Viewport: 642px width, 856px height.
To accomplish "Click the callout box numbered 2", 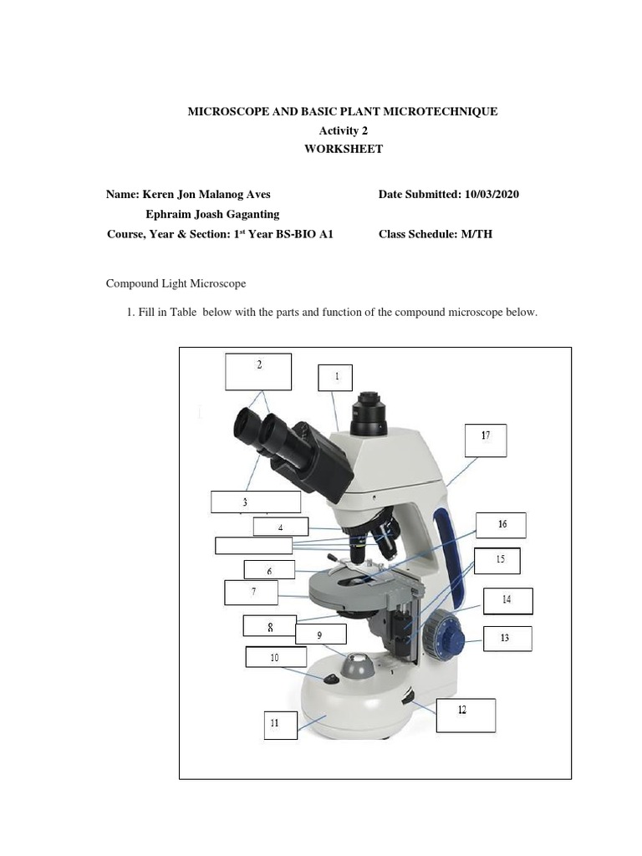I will [x=258, y=371].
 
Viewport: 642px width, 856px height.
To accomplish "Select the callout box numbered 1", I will [x=336, y=377].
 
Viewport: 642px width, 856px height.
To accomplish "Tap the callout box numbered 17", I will [x=486, y=440].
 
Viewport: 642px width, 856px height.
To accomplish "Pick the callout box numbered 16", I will [x=501, y=525].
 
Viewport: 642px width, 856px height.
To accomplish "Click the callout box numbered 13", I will [x=506, y=639].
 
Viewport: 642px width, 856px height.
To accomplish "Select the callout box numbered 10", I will [x=275, y=657].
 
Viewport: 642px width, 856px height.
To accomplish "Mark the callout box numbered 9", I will [x=319, y=636].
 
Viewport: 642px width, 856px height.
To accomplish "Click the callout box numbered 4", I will [x=281, y=527].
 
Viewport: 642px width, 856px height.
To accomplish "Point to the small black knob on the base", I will [x=332, y=679].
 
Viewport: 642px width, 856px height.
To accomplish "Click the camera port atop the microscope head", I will [x=368, y=414].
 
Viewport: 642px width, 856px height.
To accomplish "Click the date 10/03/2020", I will [x=490, y=194].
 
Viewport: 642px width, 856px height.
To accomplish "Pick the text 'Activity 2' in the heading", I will [x=344, y=130].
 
